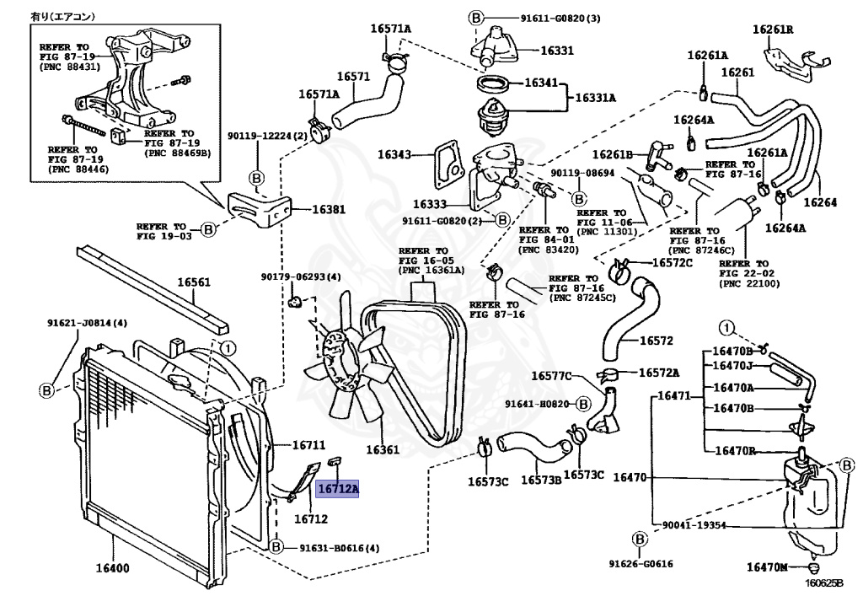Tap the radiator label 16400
112,567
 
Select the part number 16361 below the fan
383,450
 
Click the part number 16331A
595,98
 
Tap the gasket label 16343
394,154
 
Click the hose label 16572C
672,262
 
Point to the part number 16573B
541,481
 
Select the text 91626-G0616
641,564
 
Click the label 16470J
733,366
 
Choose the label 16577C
552,375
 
